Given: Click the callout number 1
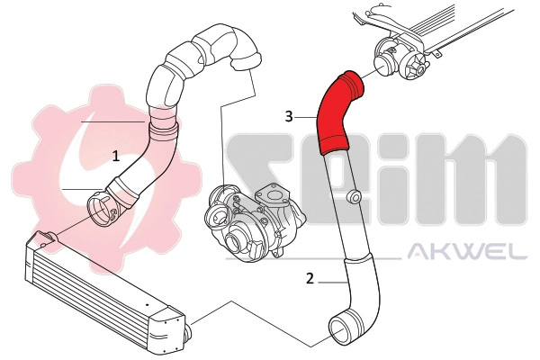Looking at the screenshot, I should coord(115,156).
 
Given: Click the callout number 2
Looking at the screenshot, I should coord(310,278).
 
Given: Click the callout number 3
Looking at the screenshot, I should coord(289,116).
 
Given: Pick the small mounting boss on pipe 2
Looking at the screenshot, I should coord(355,196).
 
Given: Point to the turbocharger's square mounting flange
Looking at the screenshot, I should coord(271,193).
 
